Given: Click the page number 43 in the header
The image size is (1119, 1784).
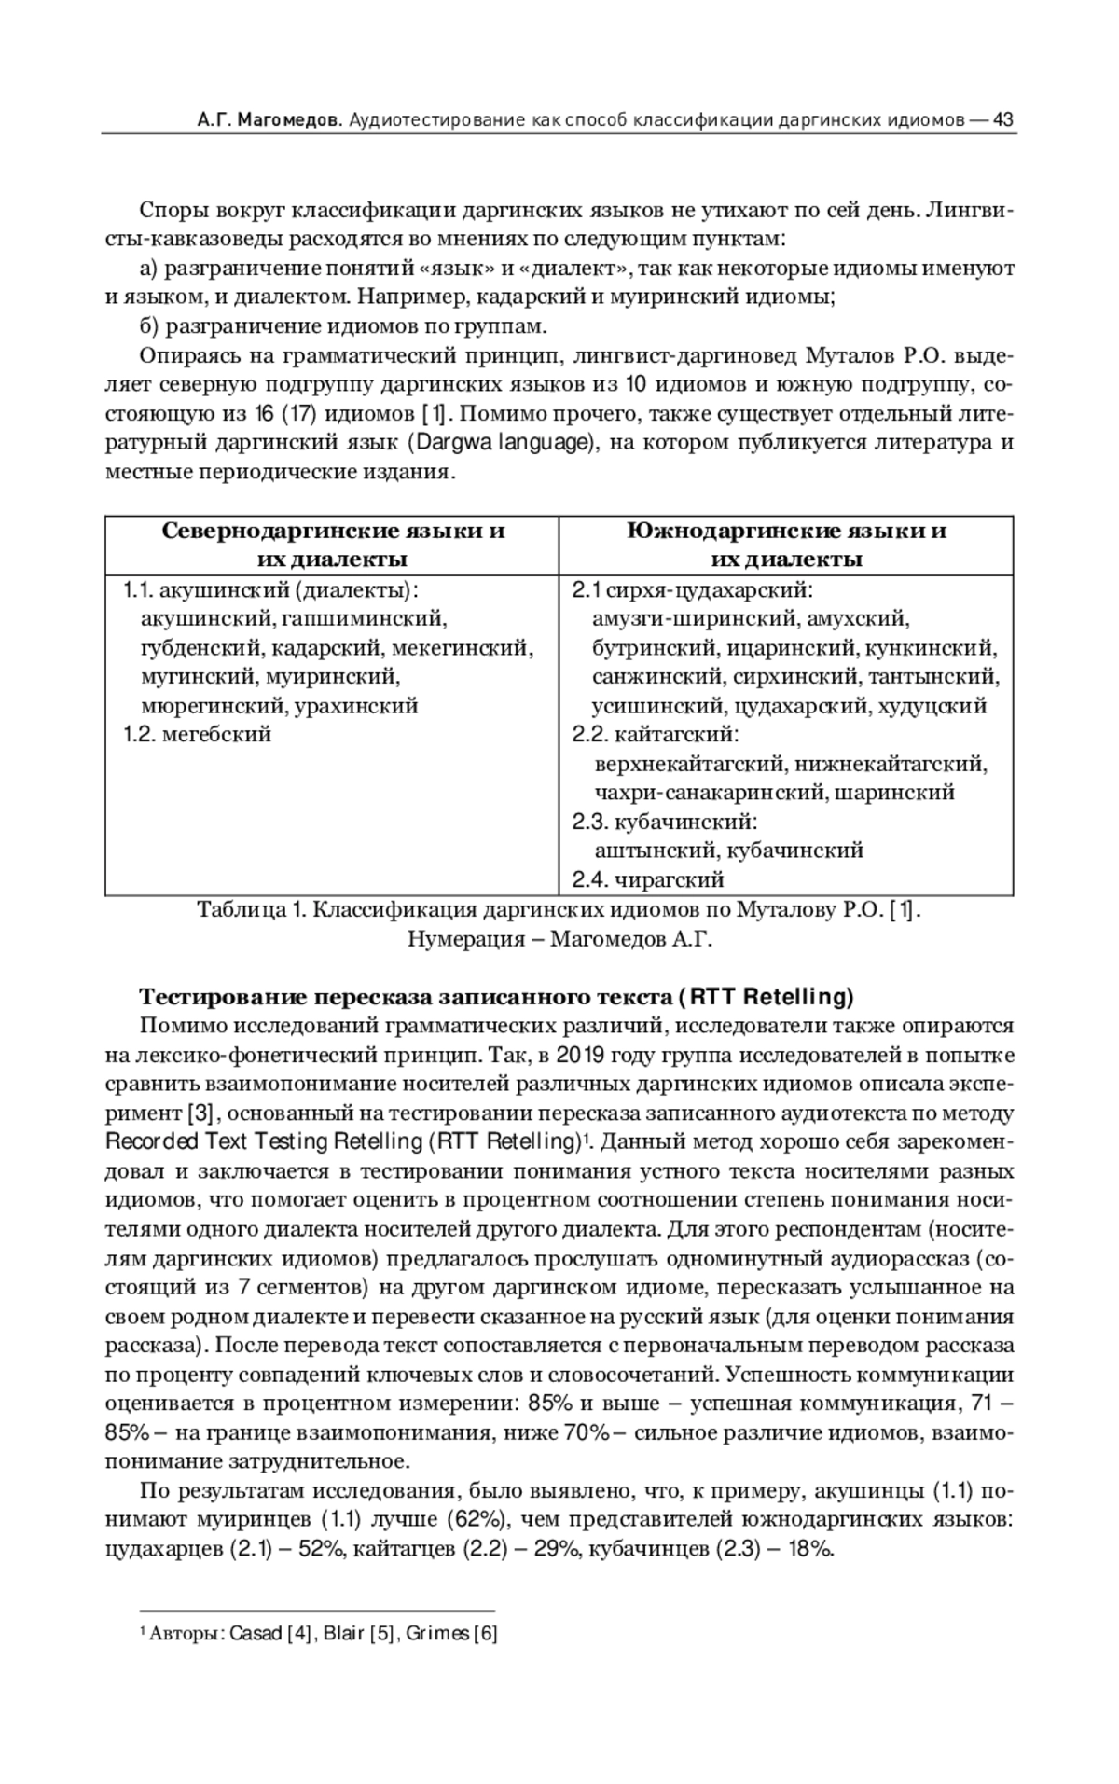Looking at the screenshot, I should point(1003,120).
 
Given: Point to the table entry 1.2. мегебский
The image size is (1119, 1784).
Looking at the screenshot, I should point(199,734).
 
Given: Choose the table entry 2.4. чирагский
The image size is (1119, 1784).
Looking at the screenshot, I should point(648,879).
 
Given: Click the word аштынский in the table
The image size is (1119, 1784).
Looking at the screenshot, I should point(656,851).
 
